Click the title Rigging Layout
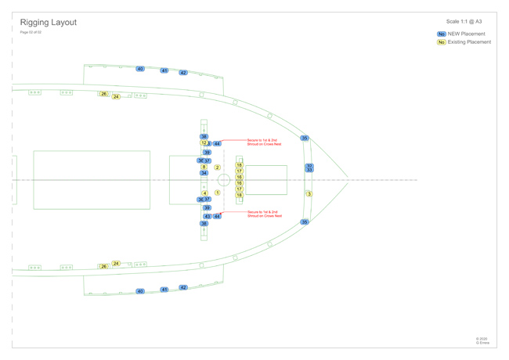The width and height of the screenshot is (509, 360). (48, 23)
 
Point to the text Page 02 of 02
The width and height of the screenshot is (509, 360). (31, 32)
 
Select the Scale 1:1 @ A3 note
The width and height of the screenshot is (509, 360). (464, 22)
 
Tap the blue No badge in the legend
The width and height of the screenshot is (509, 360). (442, 34)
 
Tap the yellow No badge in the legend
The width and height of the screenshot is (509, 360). (442, 42)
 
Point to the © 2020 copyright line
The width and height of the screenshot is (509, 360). (482, 339)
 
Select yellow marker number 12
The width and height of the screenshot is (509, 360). (204, 143)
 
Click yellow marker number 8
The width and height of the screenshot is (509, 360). (204, 167)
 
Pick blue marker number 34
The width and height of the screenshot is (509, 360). (204, 173)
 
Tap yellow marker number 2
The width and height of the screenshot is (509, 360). (217, 167)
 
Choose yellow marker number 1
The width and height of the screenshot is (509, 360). (217, 193)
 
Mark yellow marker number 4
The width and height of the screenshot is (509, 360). (204, 193)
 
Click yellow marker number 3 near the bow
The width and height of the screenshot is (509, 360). (309, 194)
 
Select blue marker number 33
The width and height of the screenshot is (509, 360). (309, 170)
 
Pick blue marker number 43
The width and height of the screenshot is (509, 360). (208, 216)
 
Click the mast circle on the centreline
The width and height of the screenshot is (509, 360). (224, 180)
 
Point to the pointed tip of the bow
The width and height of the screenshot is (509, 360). (348, 180)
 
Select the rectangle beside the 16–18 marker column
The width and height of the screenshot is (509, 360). (266, 180)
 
